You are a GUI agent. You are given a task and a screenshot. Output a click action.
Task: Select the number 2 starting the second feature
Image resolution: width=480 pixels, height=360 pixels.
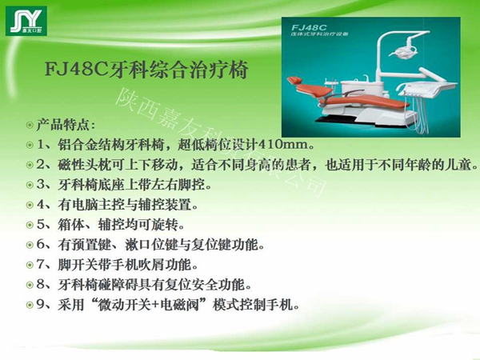[42, 166]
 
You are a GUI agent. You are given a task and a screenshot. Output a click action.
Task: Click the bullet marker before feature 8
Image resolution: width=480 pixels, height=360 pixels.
[30, 285]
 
